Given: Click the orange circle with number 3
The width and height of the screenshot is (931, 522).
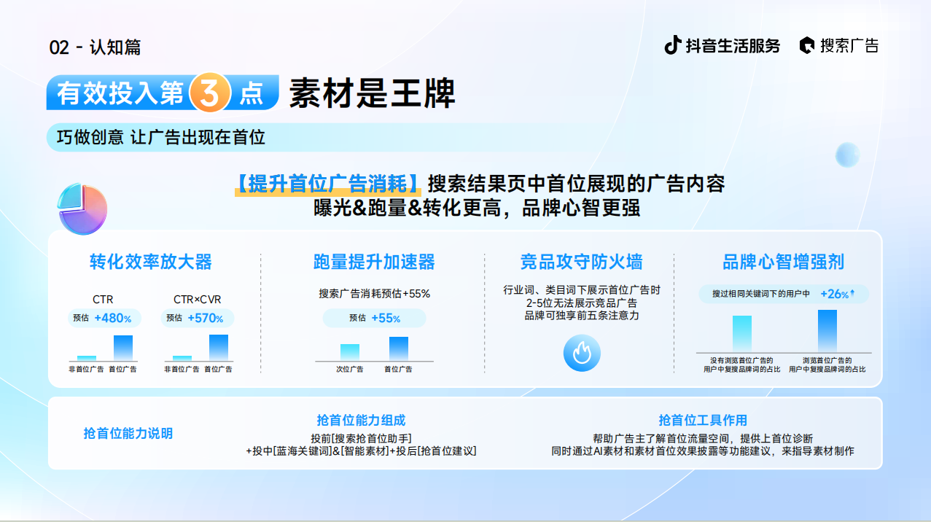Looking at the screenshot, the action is (210, 93).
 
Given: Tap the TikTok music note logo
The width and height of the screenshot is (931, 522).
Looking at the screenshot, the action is (672, 45).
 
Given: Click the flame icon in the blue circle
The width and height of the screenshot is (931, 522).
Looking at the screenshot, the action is (582, 353).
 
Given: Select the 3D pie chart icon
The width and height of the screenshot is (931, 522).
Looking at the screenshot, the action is (82, 209).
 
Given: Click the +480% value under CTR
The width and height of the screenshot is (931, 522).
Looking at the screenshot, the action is (112, 319).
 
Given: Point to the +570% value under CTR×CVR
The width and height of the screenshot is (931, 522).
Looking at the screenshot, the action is (206, 319).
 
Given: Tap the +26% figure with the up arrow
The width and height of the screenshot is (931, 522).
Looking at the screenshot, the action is (837, 294).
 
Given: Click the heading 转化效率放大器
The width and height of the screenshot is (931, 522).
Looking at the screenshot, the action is (151, 262).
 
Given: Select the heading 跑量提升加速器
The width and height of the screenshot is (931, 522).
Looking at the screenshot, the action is (374, 262).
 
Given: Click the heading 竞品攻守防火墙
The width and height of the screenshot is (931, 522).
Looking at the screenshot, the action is (582, 262).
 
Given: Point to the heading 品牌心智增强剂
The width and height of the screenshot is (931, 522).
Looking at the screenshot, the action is (784, 262).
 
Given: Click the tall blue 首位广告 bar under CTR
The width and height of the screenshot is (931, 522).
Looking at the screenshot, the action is (123, 348).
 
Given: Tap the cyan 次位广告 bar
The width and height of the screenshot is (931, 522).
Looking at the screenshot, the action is (350, 352).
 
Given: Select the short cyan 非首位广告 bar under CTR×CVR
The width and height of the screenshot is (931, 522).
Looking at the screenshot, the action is (182, 358).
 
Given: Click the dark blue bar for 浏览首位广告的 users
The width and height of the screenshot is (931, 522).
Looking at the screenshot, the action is (827, 331).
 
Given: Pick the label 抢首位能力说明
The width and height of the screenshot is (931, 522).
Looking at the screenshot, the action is (128, 434).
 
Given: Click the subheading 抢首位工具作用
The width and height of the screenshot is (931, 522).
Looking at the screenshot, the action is (703, 420).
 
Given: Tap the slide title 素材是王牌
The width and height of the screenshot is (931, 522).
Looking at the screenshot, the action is (372, 93).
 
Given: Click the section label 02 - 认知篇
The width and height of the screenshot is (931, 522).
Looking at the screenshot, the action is (96, 47).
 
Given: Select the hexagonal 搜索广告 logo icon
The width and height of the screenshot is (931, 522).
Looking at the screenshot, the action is (807, 45).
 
